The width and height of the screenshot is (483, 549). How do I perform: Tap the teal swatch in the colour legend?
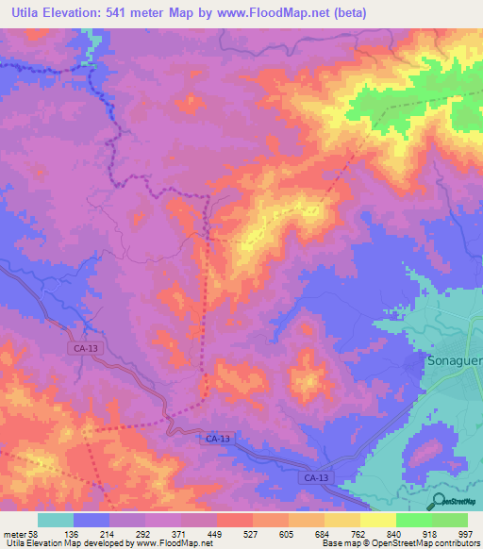tap(56, 520)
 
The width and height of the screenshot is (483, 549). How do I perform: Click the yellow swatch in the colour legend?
tap(378, 520)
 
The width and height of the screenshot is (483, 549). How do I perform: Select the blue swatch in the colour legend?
tap(92, 520)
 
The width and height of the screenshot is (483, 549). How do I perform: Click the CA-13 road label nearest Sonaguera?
tap(317, 479)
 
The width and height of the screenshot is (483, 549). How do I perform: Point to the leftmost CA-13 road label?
tap(83, 348)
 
